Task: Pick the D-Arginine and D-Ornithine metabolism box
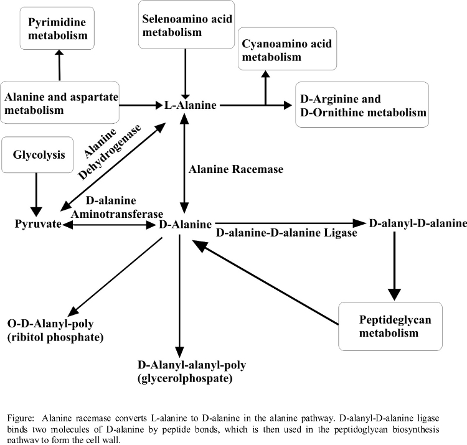[370, 105]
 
